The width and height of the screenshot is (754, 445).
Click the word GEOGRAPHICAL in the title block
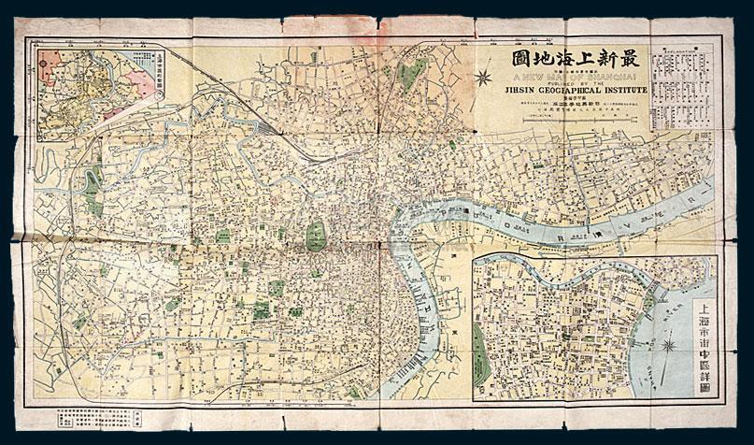click(564, 91)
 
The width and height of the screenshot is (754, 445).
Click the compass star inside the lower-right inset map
click(669, 347)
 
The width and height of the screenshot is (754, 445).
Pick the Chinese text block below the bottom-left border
click(89, 415)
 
